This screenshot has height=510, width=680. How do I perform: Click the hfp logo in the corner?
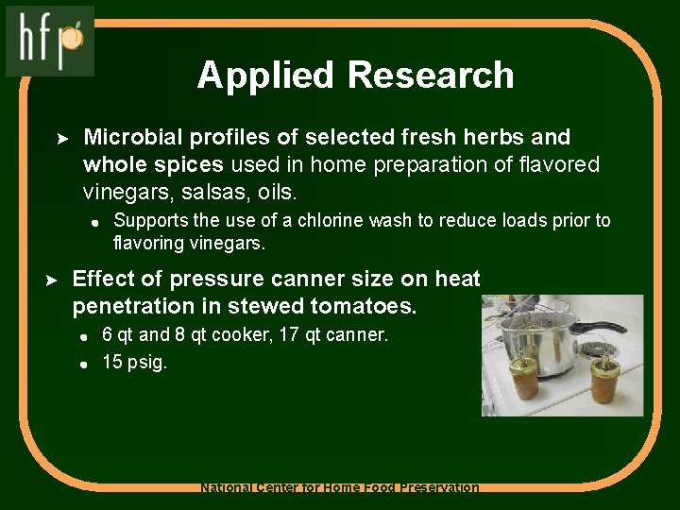(50, 41)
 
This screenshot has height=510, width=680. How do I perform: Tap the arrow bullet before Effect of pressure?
(55, 280)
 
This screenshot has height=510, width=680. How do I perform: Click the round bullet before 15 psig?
(83, 363)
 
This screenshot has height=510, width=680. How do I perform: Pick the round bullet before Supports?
(94, 222)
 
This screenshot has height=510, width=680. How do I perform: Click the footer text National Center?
(261, 488)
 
